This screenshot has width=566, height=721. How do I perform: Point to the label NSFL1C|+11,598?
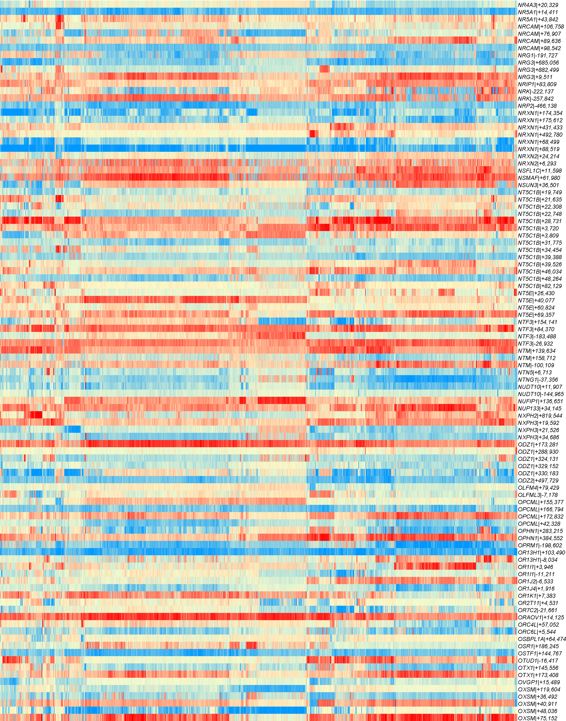pos(540,171)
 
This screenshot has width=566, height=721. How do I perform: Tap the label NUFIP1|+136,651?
pos(540,401)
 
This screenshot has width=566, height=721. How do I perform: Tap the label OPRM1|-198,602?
pos(540,545)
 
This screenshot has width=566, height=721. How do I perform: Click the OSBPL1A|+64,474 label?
pos(542,639)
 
